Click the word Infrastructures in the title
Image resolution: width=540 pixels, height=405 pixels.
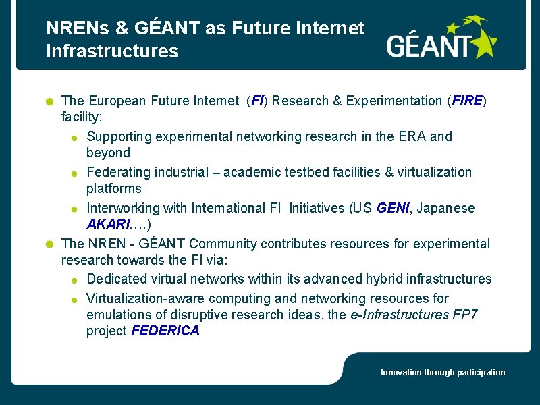click(x=112, y=51)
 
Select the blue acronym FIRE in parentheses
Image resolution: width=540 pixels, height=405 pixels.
click(x=466, y=101)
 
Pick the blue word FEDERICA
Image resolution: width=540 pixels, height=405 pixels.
click(x=165, y=331)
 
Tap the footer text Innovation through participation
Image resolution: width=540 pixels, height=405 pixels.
click(x=443, y=373)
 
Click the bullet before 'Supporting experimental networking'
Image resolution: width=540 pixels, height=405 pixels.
click(x=75, y=138)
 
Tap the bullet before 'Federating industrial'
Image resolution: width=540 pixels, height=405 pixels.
click(x=75, y=173)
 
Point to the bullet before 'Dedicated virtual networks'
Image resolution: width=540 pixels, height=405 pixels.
click(x=75, y=280)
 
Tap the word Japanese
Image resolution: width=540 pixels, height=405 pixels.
click(x=446, y=208)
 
